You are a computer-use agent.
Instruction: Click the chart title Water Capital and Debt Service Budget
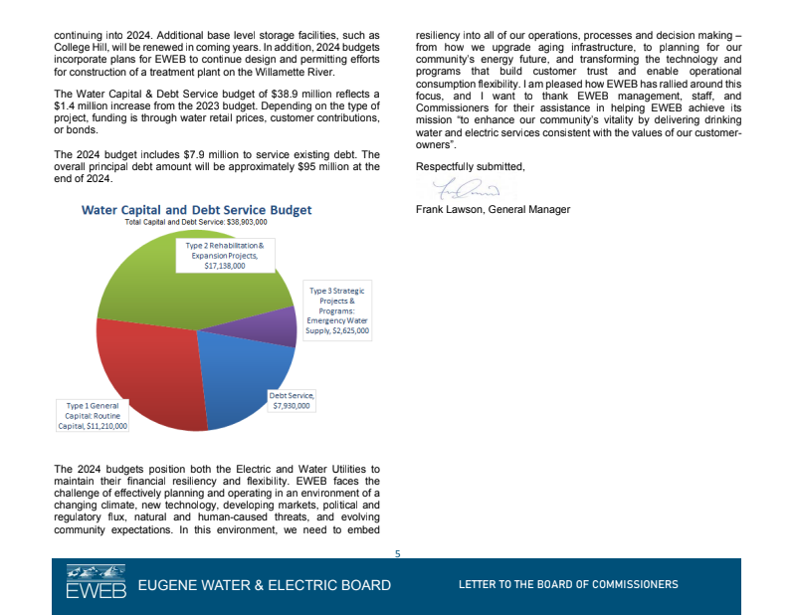196,210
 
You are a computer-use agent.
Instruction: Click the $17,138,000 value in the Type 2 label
225,267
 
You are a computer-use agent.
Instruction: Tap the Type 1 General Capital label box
98,416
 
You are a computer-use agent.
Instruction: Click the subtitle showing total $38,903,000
196,223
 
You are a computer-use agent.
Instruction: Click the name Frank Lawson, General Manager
493,210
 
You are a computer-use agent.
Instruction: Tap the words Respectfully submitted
470,166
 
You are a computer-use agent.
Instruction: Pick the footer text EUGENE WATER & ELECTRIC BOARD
264,585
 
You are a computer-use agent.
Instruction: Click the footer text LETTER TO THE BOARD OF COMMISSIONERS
568,585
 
